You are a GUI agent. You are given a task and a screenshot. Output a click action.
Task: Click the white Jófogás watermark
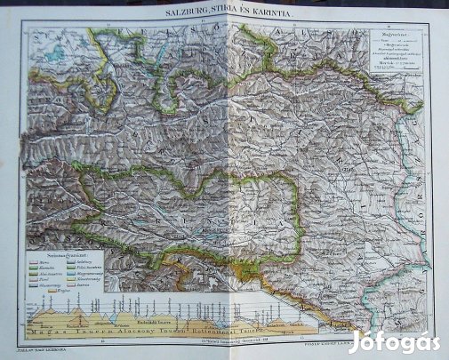(x=395, y=340)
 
